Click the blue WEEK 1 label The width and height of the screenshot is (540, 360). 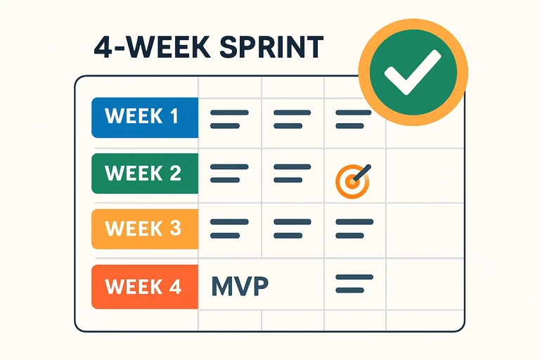[x=145, y=117]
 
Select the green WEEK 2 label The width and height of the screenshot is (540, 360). [x=145, y=173]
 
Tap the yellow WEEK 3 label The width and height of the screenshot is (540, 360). [x=145, y=229]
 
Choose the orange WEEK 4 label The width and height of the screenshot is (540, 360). [x=145, y=287]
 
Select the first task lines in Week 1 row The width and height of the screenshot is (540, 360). [x=229, y=119]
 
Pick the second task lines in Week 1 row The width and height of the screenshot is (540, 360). [x=291, y=119]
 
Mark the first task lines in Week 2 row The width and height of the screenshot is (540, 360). [x=229, y=174]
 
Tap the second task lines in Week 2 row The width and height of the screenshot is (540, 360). [x=291, y=174]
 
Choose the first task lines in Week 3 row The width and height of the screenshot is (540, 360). [x=229, y=229]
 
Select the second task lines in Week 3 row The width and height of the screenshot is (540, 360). [x=291, y=229]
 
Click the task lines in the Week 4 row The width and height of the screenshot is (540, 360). [x=353, y=284]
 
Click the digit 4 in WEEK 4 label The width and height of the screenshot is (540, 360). [x=174, y=287]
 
